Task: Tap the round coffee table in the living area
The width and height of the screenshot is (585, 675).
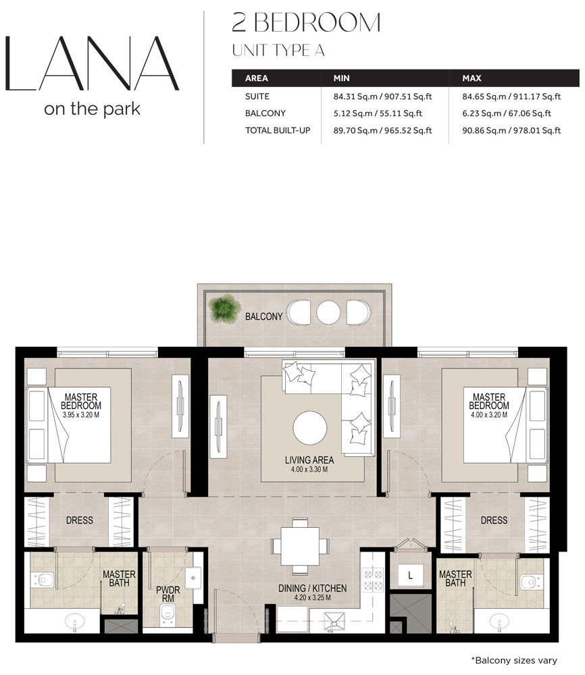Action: click(310, 428)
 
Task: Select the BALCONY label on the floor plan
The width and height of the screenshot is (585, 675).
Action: click(264, 316)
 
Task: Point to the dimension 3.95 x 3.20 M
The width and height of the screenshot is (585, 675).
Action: click(83, 414)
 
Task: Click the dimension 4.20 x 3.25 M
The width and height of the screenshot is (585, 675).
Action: click(312, 598)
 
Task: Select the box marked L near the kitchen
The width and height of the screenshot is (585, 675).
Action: click(409, 574)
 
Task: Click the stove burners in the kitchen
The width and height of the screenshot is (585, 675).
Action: click(374, 581)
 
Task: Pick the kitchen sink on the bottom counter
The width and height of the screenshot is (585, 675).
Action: click(334, 620)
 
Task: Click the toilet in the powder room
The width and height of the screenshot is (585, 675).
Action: click(168, 614)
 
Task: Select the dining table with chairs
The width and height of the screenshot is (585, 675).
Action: click(300, 545)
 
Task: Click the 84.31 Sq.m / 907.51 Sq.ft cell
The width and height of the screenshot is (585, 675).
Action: click(378, 96)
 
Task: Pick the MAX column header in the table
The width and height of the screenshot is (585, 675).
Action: click(472, 78)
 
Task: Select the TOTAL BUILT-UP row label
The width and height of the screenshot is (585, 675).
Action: click(278, 130)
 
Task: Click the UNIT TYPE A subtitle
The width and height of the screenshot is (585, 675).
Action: click(278, 49)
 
